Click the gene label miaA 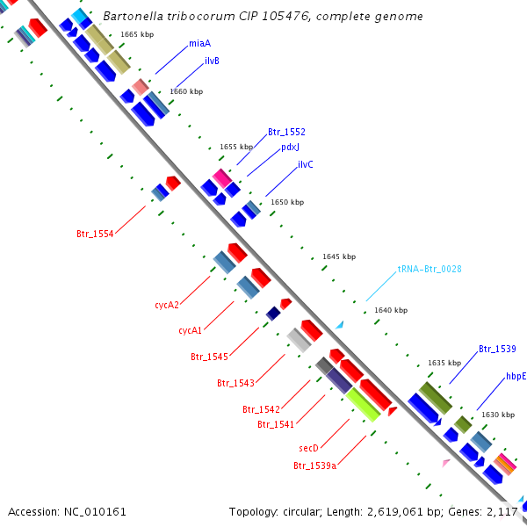(x=199, y=43)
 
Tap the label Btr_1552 (x=286, y=132)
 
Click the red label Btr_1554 (x=95, y=234)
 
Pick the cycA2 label (x=167, y=306)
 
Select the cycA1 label (x=191, y=331)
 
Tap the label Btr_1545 (x=209, y=357)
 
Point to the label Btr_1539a (x=315, y=465)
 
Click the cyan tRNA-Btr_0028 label (x=430, y=269)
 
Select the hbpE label (x=516, y=376)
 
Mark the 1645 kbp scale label (x=339, y=256)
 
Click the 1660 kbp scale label (x=186, y=91)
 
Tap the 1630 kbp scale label (x=498, y=415)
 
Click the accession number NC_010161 (x=95, y=511)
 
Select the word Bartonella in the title (x=132, y=17)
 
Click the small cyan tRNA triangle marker (x=339, y=325)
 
